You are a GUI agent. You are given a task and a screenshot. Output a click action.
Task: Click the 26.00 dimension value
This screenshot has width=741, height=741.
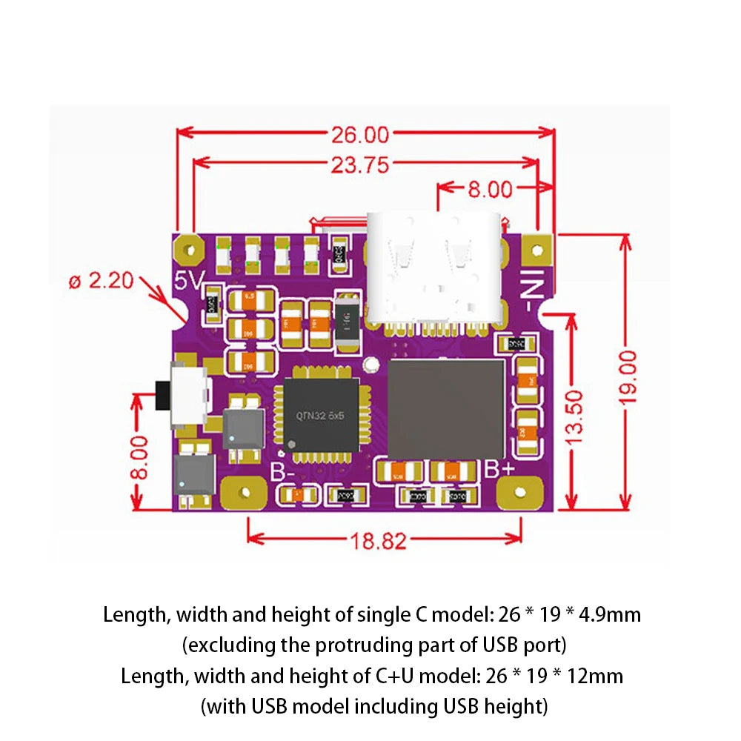359,135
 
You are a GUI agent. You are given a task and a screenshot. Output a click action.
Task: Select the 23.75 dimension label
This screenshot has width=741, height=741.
359,165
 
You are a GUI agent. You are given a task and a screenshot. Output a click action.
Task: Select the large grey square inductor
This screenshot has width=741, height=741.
446,409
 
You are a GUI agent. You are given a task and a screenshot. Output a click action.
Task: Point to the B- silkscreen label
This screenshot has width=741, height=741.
282,471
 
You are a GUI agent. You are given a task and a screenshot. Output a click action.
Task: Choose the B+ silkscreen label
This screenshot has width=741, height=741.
500,470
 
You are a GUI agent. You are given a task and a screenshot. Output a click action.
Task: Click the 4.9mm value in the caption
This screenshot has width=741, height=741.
612,614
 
